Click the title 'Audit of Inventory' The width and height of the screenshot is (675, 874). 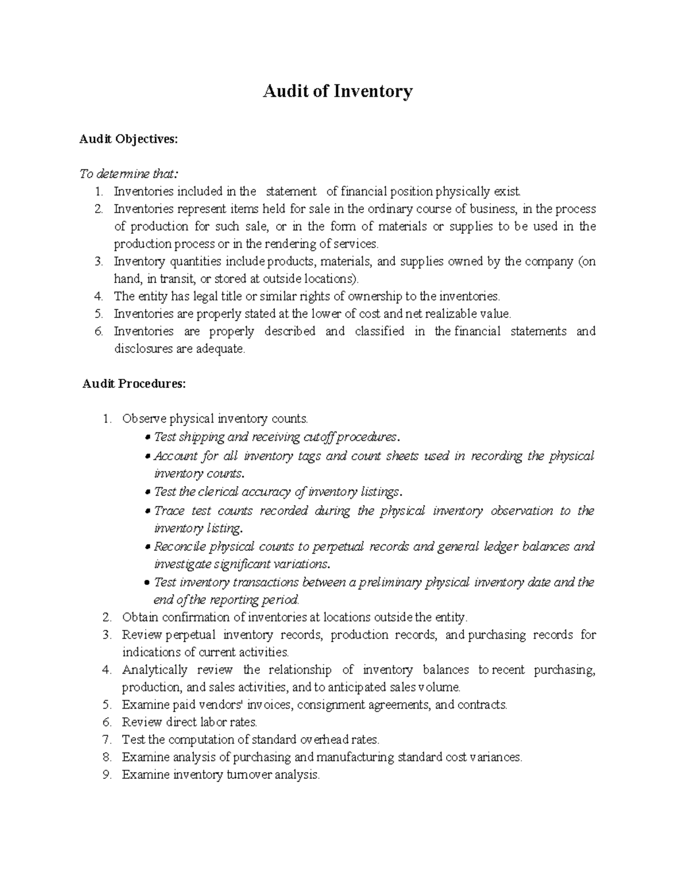click(337, 91)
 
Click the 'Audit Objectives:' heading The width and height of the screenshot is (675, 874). click(128, 139)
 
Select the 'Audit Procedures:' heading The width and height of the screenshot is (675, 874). click(133, 384)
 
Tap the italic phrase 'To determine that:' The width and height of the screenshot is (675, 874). click(128, 174)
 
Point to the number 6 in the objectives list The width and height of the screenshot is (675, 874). click(98, 331)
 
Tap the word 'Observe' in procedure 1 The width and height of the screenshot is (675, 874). click(144, 419)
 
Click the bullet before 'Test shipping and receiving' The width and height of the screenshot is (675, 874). click(147, 437)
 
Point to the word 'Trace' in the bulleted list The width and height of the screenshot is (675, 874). click(169, 511)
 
